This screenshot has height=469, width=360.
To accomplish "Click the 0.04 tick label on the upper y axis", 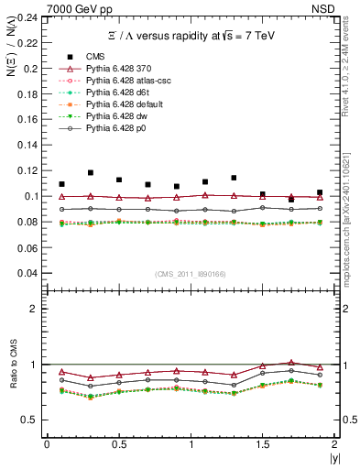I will tap(29, 273).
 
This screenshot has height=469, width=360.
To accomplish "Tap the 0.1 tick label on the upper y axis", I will tap(33, 196).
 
